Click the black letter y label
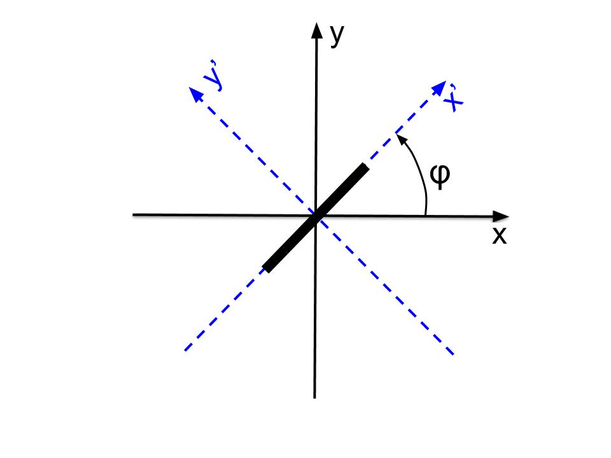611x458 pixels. pos(337,36)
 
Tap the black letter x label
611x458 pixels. pos(500,236)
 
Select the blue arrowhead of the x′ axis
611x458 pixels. pos(437,87)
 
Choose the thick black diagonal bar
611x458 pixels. pos(316,218)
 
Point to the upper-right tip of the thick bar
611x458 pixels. pos(365,168)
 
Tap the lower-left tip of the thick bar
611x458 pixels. pos(267,268)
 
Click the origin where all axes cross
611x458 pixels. pos(316,216)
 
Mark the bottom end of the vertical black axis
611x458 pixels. pos(314,397)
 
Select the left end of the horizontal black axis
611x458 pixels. pos(133,215)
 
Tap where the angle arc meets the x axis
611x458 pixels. pos(426,216)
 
